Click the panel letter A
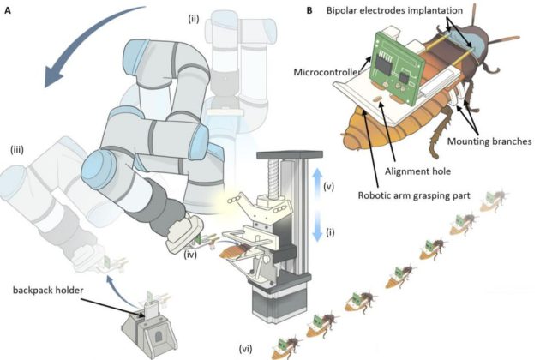point(7,10)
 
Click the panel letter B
point(309,10)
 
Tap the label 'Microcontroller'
point(327,72)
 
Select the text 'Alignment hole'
point(417,171)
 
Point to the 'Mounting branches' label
point(489,141)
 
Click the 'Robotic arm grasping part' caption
point(414,195)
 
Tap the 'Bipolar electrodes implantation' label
point(394,10)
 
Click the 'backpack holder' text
point(48,291)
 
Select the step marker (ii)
point(194,19)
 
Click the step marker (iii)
point(17,150)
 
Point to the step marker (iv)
point(189,255)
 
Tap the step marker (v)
point(329,186)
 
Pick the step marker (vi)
point(245,350)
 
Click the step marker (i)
point(330,232)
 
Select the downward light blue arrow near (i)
point(316,225)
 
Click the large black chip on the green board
point(384,64)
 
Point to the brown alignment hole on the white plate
point(378,99)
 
